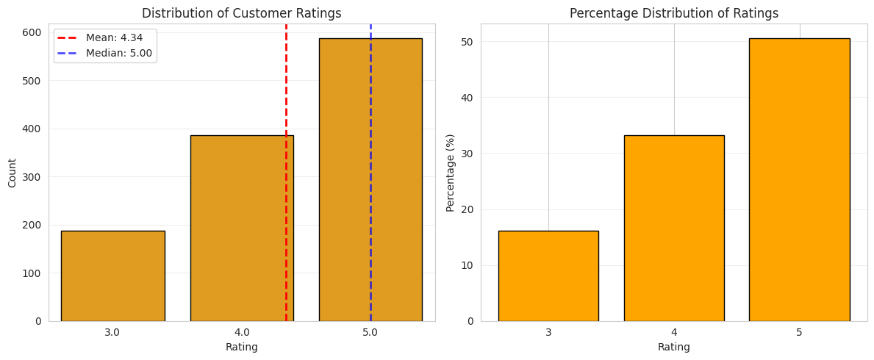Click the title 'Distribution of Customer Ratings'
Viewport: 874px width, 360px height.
241,13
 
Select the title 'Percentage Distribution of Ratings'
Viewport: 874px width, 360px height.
673,13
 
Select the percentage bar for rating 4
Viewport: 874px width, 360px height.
673,228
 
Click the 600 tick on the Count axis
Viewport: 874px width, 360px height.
33,32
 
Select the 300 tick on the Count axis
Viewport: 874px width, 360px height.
33,177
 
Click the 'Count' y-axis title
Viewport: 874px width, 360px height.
12,173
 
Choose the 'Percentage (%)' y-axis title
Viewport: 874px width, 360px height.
451,173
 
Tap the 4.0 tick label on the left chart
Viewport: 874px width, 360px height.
242,332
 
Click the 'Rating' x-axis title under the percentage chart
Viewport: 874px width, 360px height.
673,347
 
